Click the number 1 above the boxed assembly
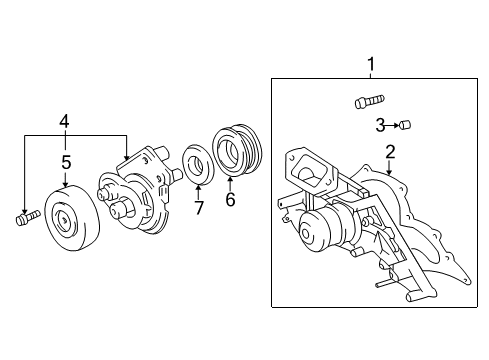[x=372, y=66]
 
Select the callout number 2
[x=389, y=152]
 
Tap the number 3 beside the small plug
[x=381, y=125]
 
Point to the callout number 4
[x=65, y=122]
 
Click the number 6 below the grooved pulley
[x=230, y=198]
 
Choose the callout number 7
[x=197, y=207]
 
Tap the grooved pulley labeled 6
[x=236, y=154]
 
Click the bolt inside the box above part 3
[x=367, y=101]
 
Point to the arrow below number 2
[x=389, y=170]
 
